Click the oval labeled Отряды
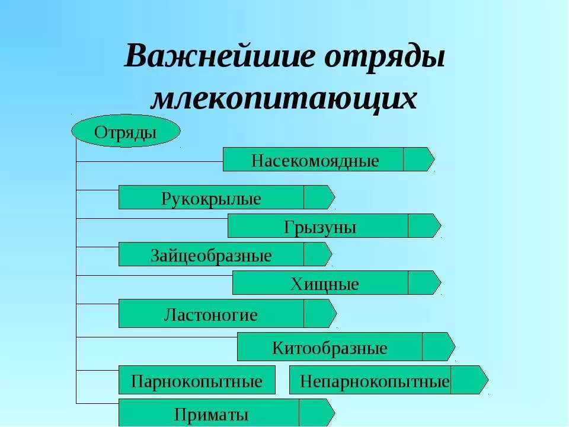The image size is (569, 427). click(x=126, y=131)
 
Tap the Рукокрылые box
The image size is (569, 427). click(x=211, y=197)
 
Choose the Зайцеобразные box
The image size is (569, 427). click(x=211, y=254)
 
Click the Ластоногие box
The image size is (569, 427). click(x=211, y=314)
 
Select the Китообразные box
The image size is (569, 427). click(x=330, y=347)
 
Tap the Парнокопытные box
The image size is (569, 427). click(x=197, y=380)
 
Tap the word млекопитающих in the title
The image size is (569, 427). click(x=284, y=98)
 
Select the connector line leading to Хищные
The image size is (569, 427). click(x=154, y=276)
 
